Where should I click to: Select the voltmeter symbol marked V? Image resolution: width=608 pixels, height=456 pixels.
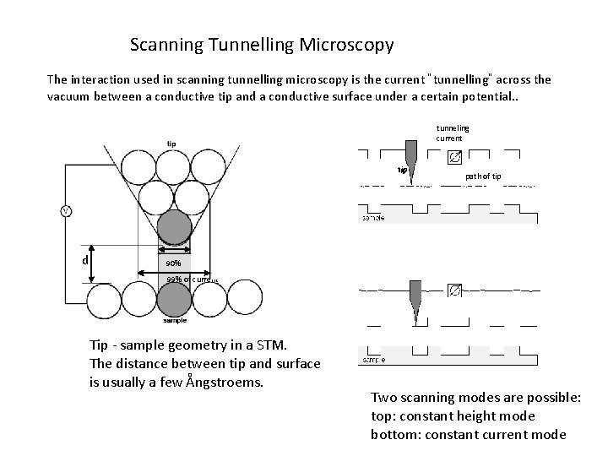pyautogui.click(x=65, y=210)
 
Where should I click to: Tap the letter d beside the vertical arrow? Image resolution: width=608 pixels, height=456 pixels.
pyautogui.click(x=86, y=259)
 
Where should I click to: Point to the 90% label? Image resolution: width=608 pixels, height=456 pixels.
pyautogui.click(x=174, y=263)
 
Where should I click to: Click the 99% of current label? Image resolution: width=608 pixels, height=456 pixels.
pyautogui.click(x=192, y=280)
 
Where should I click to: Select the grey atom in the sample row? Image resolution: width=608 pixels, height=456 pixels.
pyautogui.click(x=175, y=299)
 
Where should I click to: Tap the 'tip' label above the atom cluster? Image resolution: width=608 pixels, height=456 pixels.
pyautogui.click(x=171, y=143)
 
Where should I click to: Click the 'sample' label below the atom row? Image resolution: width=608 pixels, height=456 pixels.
pyautogui.click(x=175, y=321)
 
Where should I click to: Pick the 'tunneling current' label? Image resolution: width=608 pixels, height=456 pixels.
pyautogui.click(x=453, y=133)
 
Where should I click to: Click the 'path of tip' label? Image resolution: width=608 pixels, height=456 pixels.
pyautogui.click(x=483, y=176)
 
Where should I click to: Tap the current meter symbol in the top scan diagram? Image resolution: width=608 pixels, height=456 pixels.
pyautogui.click(x=453, y=157)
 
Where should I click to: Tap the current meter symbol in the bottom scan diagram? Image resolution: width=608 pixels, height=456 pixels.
pyautogui.click(x=454, y=290)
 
